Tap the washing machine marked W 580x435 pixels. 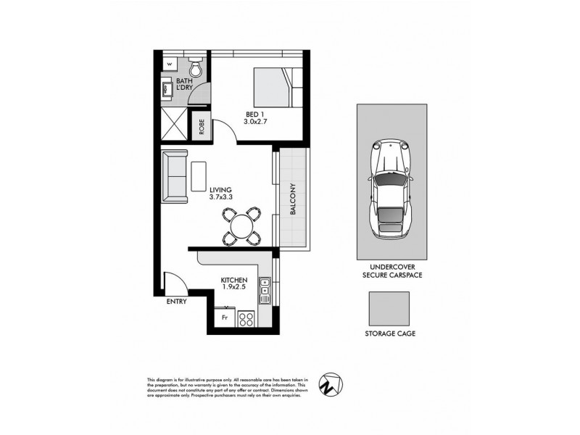(x=169, y=63)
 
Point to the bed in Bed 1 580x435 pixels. (x=276, y=88)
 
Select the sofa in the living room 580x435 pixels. (x=175, y=176)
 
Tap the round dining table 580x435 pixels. (x=240, y=225)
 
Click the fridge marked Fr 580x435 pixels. (x=225, y=318)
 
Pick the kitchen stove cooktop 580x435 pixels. (x=246, y=318)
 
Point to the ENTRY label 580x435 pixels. (x=176, y=301)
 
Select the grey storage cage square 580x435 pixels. (x=388, y=309)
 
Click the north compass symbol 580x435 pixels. (x=334, y=384)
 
